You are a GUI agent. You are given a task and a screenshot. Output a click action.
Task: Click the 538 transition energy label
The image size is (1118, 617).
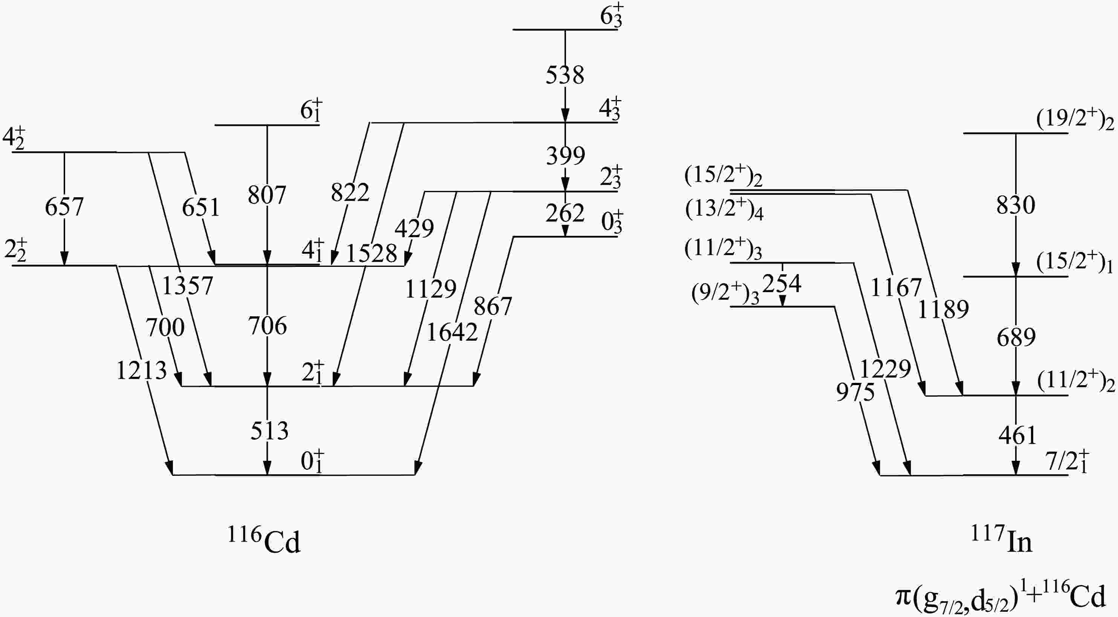click(564, 75)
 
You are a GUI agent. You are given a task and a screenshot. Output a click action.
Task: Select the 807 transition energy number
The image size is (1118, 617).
click(267, 195)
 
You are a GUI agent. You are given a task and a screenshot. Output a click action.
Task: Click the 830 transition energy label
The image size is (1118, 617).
click(1016, 205)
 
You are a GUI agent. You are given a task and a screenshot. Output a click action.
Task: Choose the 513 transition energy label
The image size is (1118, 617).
click(269, 431)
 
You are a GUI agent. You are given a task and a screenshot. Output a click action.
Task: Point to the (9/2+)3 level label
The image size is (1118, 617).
click(725, 294)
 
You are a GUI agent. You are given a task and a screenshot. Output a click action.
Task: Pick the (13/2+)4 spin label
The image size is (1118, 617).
click(724, 210)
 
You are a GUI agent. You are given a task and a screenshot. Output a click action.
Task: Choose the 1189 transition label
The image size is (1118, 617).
click(943, 309)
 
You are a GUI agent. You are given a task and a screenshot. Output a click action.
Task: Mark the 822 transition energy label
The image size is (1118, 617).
click(350, 192)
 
